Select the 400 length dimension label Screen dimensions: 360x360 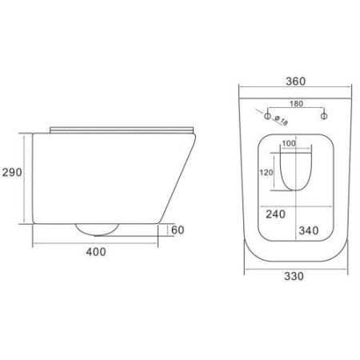[97, 252]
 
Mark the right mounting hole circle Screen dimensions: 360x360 [324, 117]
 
